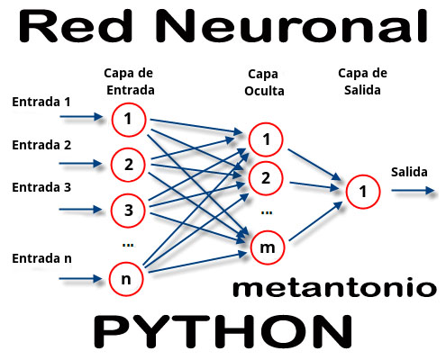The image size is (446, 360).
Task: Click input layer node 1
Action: [x=129, y=118]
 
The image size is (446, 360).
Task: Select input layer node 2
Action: [x=129, y=164]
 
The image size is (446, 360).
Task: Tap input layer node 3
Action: [x=129, y=211]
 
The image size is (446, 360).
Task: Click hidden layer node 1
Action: [x=266, y=139]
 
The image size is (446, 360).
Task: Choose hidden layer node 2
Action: [x=266, y=177]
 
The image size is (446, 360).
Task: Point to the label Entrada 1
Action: [x=41, y=102]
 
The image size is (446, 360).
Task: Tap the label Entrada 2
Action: [x=41, y=145]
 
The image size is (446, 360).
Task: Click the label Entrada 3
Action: [x=41, y=187]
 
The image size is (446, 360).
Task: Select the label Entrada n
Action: [x=41, y=258]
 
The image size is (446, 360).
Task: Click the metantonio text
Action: [x=334, y=288]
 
